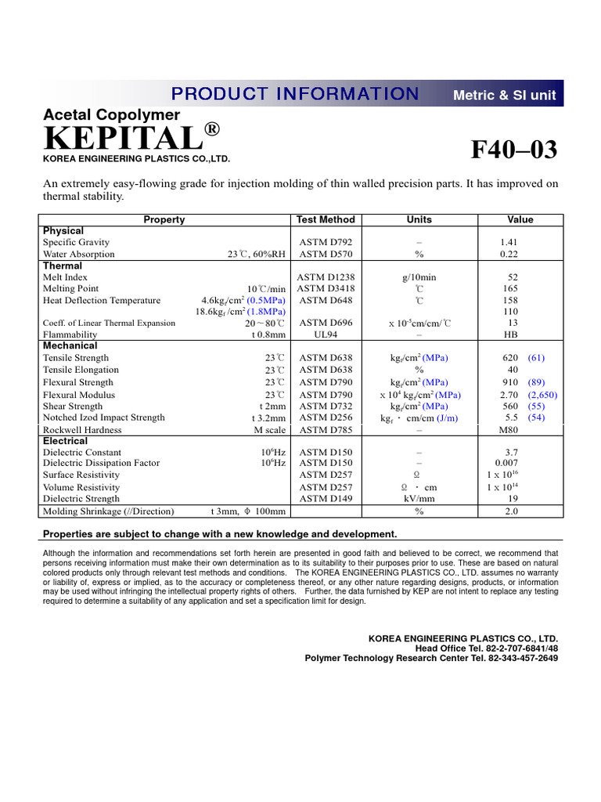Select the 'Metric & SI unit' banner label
(505, 95)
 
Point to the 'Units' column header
(419, 220)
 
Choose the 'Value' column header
(520, 220)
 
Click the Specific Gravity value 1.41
(509, 243)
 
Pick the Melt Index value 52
(513, 277)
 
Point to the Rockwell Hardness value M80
(510, 430)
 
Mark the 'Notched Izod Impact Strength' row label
(104, 418)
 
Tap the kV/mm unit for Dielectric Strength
(419, 498)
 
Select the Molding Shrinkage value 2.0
(512, 511)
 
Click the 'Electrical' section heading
(65, 441)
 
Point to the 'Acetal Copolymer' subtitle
(111, 115)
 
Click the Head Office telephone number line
(487, 648)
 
